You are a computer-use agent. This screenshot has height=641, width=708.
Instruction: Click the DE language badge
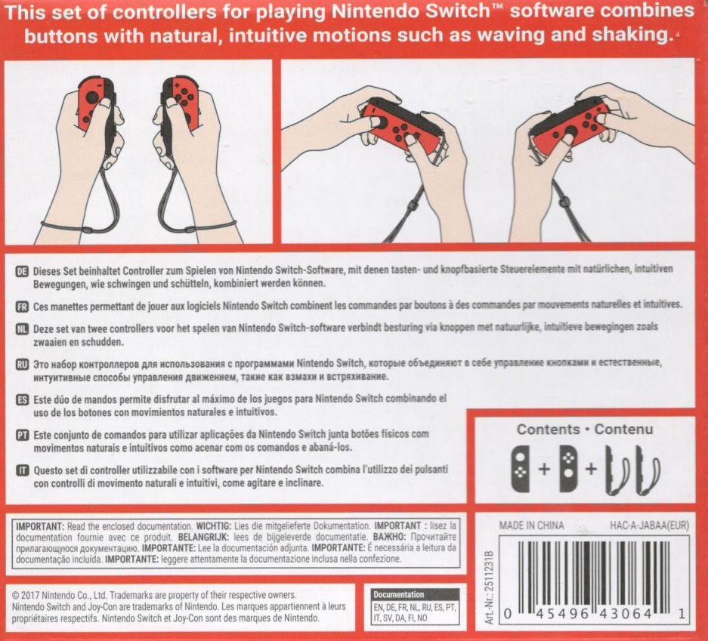[x=22, y=271]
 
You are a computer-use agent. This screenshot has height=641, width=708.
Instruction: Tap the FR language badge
[x=22, y=307]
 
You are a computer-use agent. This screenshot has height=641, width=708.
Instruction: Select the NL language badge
[x=22, y=329]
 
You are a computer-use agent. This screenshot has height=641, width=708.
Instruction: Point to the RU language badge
[x=22, y=364]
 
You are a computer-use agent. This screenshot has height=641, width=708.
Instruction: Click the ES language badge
[x=22, y=399]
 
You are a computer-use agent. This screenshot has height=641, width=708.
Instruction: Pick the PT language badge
[x=22, y=436]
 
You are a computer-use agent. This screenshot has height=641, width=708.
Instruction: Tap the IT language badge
[x=22, y=470]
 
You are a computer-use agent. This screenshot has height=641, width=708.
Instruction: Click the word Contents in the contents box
[x=548, y=429]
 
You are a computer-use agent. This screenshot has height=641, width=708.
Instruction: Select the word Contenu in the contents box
[x=623, y=429]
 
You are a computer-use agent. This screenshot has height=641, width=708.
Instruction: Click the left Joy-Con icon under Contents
[x=520, y=469]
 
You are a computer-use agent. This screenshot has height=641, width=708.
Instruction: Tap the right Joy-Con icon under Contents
[x=568, y=469]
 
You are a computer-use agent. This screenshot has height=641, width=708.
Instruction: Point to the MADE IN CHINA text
[x=531, y=525]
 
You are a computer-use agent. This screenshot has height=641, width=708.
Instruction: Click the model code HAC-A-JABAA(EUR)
[x=649, y=525]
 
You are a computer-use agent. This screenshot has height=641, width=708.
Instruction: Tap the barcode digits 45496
[x=562, y=614]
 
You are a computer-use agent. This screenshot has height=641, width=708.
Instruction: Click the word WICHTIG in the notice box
[x=214, y=526]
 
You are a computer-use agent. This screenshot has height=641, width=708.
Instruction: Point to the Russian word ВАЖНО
[x=390, y=538]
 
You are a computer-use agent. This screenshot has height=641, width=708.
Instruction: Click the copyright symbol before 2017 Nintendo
[x=15, y=596]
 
